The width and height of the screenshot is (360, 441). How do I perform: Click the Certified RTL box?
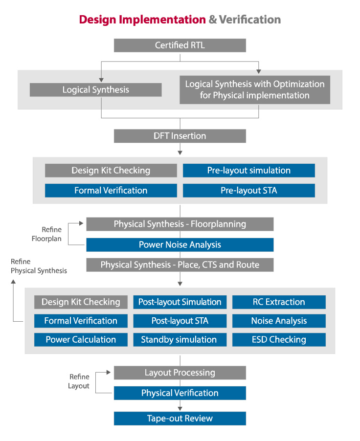tap(180, 45)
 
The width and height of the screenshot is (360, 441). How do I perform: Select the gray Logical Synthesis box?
tap(95, 89)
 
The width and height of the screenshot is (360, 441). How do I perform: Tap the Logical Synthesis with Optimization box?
tap(254, 89)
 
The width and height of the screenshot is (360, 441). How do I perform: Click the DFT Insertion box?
tap(180, 136)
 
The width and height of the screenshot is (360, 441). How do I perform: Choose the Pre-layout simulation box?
tap(248, 171)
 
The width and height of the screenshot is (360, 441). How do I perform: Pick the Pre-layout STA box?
tap(248, 191)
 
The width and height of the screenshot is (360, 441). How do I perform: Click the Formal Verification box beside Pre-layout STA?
tap(111, 191)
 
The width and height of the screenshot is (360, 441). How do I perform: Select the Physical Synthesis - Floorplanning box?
tap(180, 224)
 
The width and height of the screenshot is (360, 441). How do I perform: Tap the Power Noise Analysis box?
tap(180, 244)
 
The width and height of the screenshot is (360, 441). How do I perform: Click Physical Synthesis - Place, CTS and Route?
tap(180, 265)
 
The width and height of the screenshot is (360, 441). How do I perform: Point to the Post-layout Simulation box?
tap(180, 302)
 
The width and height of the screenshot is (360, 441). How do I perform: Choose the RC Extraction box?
tap(278, 302)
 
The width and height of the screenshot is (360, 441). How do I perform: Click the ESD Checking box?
tap(278, 340)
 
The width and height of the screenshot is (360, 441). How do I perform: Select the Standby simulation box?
tap(180, 340)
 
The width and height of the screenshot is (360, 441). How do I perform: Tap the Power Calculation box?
tap(81, 340)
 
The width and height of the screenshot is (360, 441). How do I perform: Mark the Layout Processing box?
tap(180, 373)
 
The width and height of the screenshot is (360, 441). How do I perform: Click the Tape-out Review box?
tap(180, 419)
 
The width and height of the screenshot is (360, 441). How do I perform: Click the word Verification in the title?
tap(249, 20)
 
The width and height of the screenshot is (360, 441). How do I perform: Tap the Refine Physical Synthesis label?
tap(39, 266)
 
